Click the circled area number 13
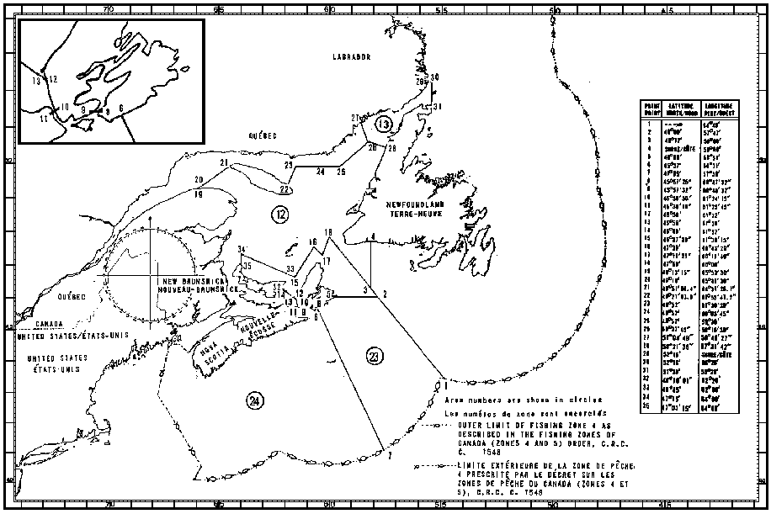(x=384, y=125)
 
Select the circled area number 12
(x=279, y=215)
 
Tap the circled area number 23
(x=375, y=357)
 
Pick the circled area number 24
(x=254, y=401)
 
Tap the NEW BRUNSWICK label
(x=192, y=279)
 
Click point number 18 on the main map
(x=328, y=232)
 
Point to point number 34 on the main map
(x=242, y=250)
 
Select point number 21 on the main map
(x=224, y=162)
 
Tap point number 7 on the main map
(x=389, y=455)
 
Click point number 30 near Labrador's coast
(x=435, y=77)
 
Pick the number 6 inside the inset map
(x=121, y=108)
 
